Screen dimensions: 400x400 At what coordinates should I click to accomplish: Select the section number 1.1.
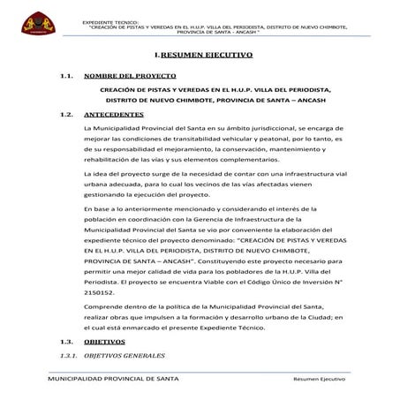point(64,78)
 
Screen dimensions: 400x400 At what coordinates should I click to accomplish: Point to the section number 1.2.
point(64,115)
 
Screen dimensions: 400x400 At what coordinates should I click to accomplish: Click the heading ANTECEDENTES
point(122,115)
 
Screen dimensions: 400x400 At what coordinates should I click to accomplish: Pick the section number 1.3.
point(64,341)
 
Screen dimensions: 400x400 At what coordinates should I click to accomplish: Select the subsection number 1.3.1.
point(66,355)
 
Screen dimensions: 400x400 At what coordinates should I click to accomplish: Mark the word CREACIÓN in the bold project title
point(119,90)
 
